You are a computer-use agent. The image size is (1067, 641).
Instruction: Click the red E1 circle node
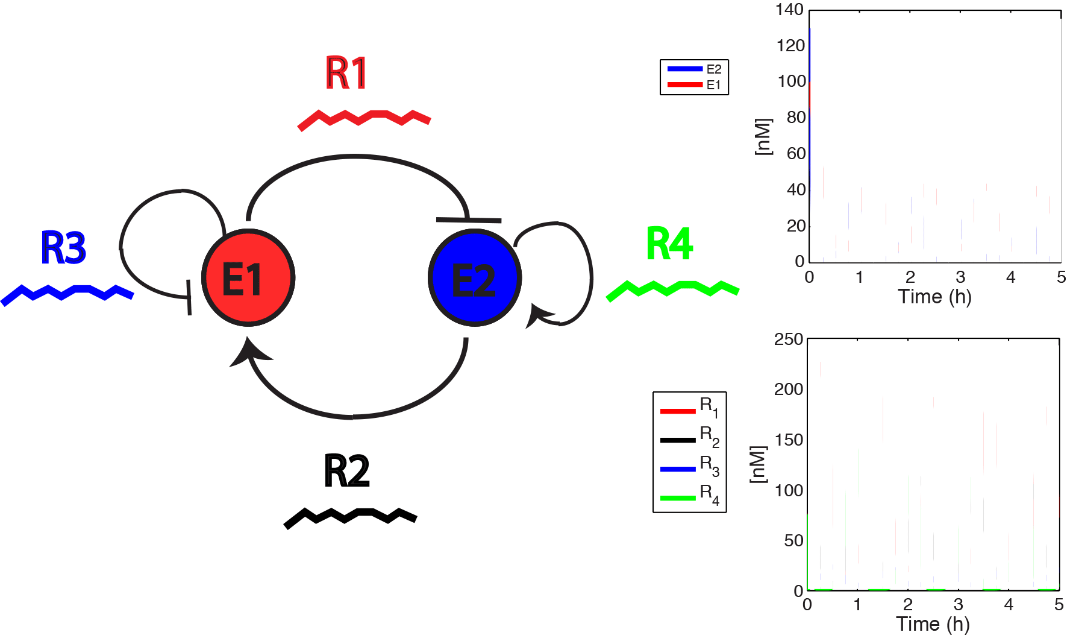click(x=248, y=278)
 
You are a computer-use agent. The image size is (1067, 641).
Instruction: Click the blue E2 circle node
click(x=475, y=278)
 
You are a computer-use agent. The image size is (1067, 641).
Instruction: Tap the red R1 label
click(x=346, y=74)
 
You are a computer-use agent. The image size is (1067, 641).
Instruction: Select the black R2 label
click(x=346, y=471)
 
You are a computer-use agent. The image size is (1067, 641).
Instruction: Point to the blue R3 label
click(x=63, y=248)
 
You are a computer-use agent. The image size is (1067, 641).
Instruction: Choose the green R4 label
click(x=669, y=244)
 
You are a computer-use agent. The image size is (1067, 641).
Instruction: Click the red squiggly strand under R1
click(x=364, y=118)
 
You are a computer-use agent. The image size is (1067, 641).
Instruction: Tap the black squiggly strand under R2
click(x=350, y=517)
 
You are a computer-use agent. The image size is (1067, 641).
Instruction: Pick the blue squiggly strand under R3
click(x=67, y=293)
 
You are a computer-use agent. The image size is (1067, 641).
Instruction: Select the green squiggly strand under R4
click(x=672, y=289)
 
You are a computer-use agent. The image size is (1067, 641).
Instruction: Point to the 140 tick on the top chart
click(x=789, y=10)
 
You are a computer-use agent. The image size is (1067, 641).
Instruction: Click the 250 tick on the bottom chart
click(x=788, y=339)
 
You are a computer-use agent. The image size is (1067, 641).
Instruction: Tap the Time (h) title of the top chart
click(x=934, y=297)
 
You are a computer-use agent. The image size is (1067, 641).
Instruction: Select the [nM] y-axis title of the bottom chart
click(x=759, y=464)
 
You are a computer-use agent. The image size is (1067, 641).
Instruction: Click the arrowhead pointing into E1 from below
click(x=248, y=352)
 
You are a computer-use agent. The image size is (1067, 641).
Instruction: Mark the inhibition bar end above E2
click(x=469, y=220)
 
